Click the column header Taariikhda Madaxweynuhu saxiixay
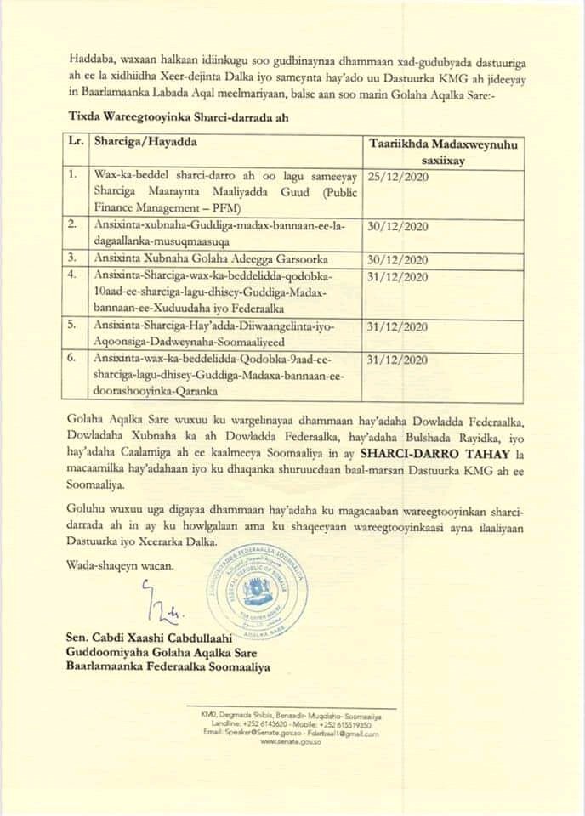[430, 152]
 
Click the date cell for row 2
[400, 227]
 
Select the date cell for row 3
[400, 256]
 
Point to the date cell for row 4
[400, 277]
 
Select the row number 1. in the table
[74, 176]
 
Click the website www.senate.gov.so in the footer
[290, 742]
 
